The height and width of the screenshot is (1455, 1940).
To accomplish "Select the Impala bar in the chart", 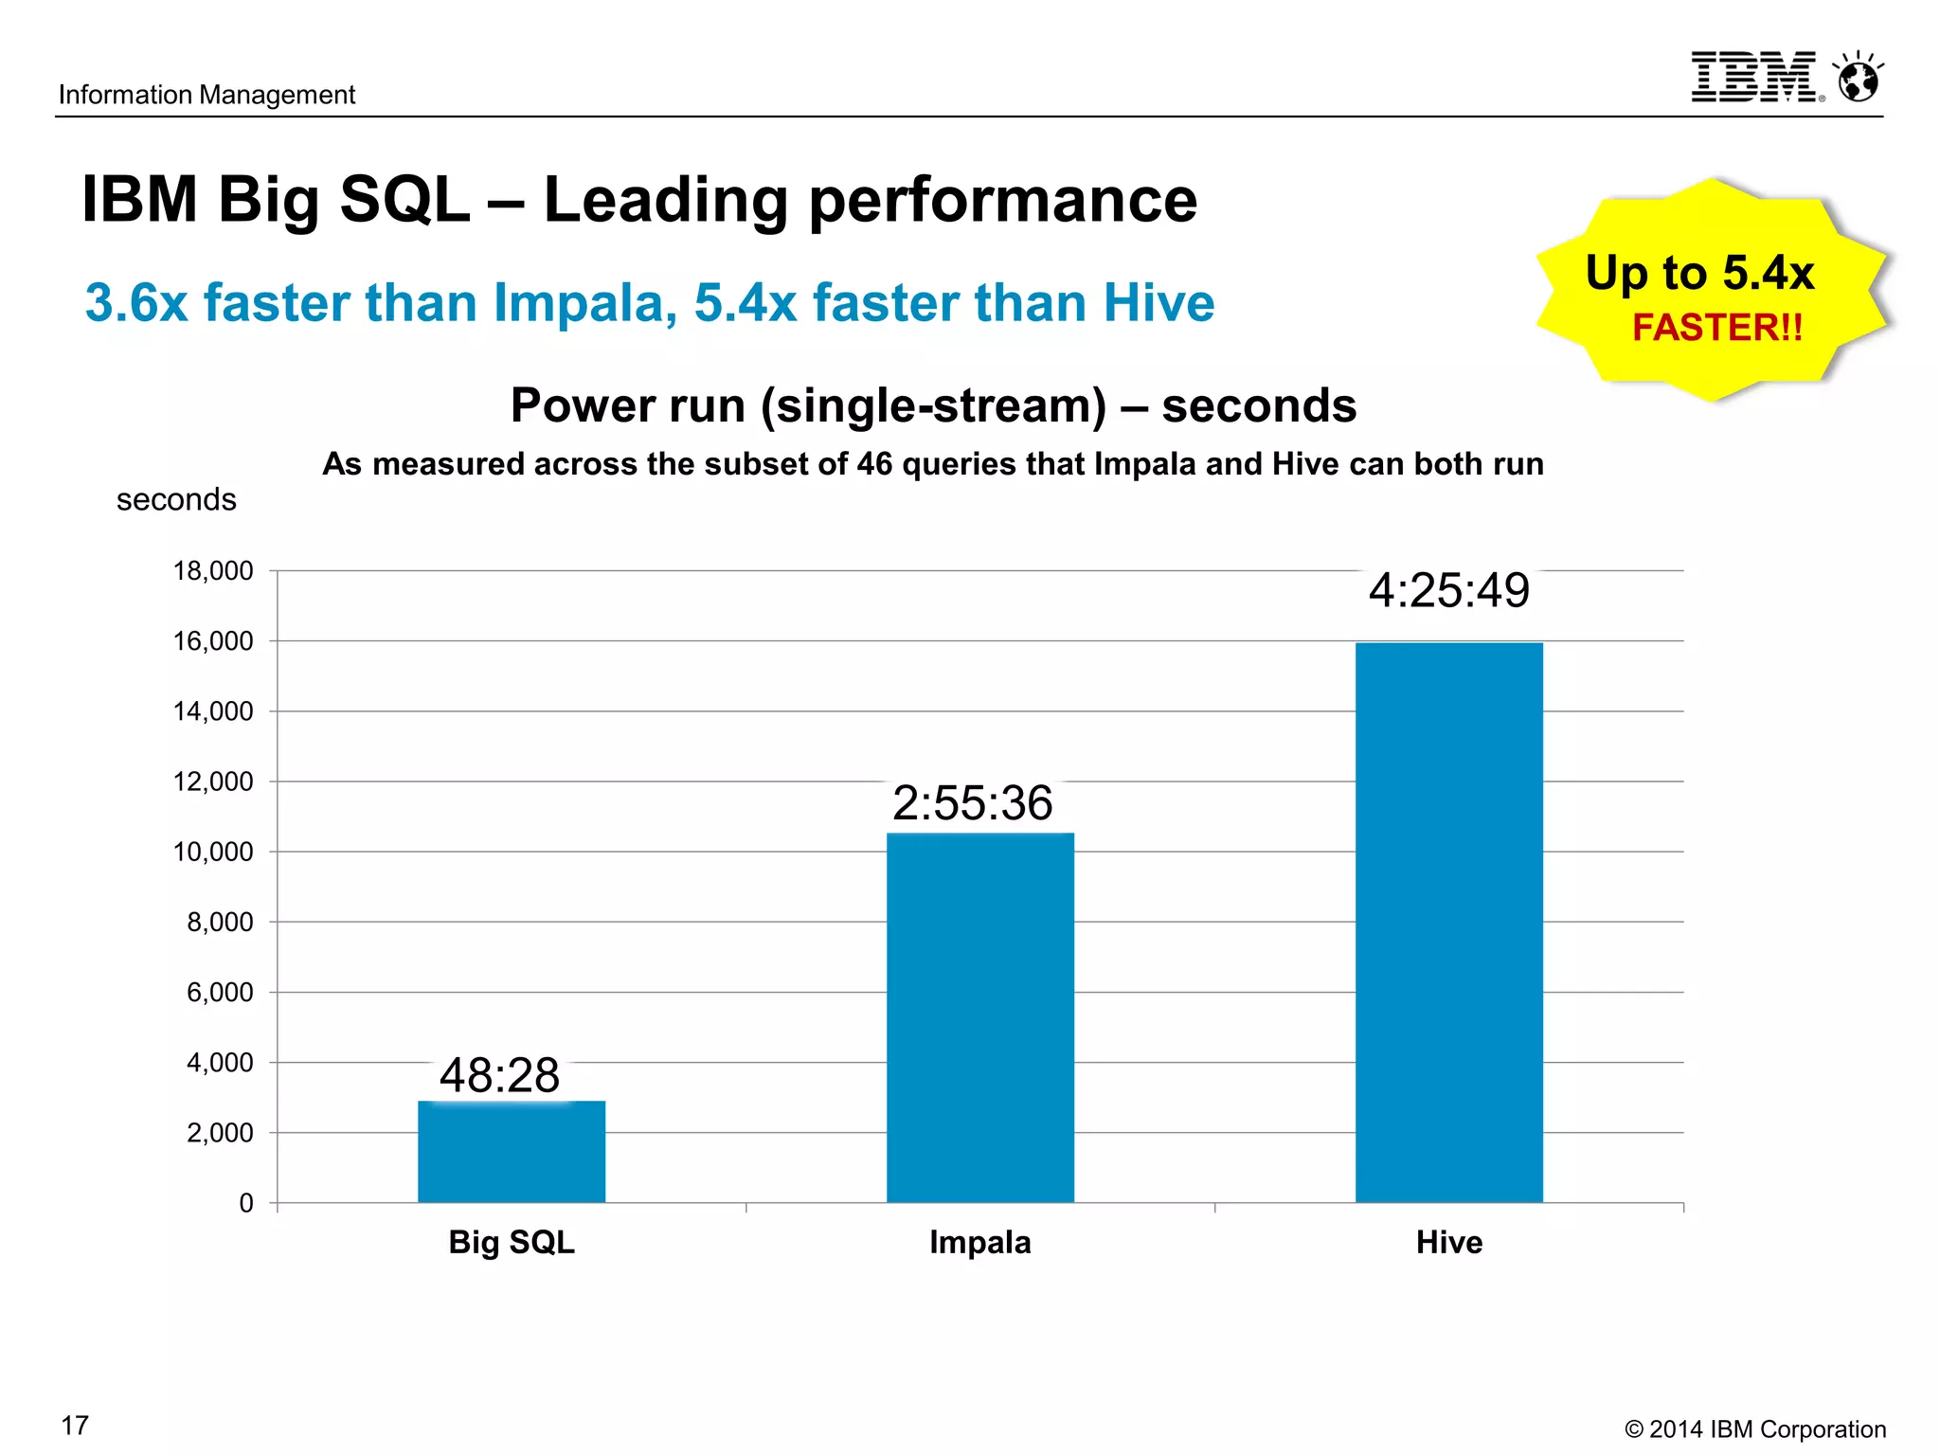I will pos(980,1018).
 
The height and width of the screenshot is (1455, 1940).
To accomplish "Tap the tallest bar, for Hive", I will pos(1449,924).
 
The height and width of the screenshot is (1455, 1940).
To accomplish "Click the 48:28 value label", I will pos(499,1076).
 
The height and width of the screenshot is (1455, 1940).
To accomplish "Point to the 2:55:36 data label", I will pos(972,803).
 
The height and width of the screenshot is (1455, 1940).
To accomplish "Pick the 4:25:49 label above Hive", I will pos(1448,590).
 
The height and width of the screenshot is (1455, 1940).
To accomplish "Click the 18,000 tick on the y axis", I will pos(213,571).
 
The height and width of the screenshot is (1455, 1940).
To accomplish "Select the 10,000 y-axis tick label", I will pos(213,852).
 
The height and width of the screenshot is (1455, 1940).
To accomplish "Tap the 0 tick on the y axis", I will pos(246,1203).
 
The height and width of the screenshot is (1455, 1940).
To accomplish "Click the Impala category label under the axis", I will pos(979,1242).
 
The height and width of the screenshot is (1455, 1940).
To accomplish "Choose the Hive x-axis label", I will pos(1448,1242).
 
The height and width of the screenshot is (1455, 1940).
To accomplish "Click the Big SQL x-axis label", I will pos(512,1242).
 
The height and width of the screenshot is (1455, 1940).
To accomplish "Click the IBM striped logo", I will pos(1755,78).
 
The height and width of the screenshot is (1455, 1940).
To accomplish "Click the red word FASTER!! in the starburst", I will pos(1717,328).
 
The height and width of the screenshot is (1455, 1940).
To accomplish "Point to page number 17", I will pos(75,1426).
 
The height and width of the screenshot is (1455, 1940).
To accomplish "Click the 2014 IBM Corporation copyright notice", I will pos(1755,1428).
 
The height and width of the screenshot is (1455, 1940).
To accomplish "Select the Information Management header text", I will pos(207,95).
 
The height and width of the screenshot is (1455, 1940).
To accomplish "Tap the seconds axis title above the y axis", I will pos(176,499).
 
